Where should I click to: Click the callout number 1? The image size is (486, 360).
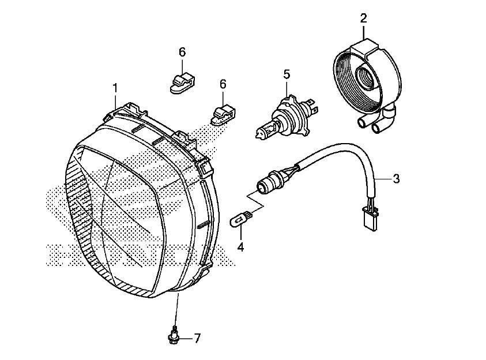click(x=115, y=88)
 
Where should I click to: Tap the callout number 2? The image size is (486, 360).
click(x=364, y=18)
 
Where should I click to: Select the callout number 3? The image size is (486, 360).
click(x=396, y=179)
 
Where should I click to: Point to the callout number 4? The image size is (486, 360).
click(x=240, y=247)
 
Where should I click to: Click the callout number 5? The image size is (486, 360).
click(x=287, y=74)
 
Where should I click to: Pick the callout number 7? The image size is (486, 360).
click(x=197, y=338)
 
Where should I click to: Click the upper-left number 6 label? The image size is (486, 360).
click(x=182, y=52)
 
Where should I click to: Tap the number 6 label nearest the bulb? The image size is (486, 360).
click(x=223, y=84)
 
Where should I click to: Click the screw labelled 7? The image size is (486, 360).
click(x=174, y=335)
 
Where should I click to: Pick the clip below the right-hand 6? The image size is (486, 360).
click(x=223, y=115)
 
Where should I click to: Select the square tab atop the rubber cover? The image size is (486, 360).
click(x=365, y=47)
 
